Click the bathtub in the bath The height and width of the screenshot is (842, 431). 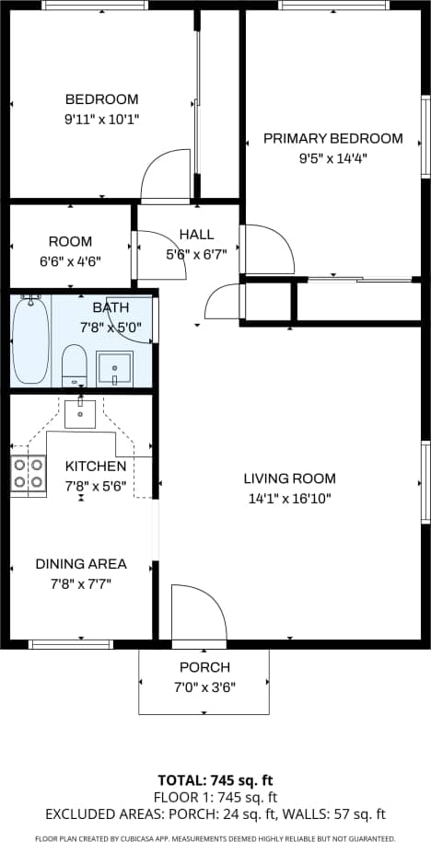click(x=30, y=340)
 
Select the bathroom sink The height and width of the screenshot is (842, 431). click(x=114, y=367)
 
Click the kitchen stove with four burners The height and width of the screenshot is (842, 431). click(x=29, y=474)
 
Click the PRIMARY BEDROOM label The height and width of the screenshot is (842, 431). click(x=332, y=138)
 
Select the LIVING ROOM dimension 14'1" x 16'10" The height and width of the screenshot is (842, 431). click(x=289, y=498)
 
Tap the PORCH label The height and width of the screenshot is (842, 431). click(x=205, y=667)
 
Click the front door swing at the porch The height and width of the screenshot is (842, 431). click(x=197, y=611)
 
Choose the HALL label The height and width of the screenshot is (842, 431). click(x=196, y=234)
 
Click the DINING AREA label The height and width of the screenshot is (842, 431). click(x=81, y=563)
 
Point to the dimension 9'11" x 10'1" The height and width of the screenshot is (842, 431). click(x=101, y=119)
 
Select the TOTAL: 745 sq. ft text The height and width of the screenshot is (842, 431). click(x=215, y=781)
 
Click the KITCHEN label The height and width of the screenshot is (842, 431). click(x=95, y=467)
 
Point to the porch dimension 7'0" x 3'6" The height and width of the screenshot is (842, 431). click(x=205, y=686)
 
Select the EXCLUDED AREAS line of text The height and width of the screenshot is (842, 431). click(x=215, y=813)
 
